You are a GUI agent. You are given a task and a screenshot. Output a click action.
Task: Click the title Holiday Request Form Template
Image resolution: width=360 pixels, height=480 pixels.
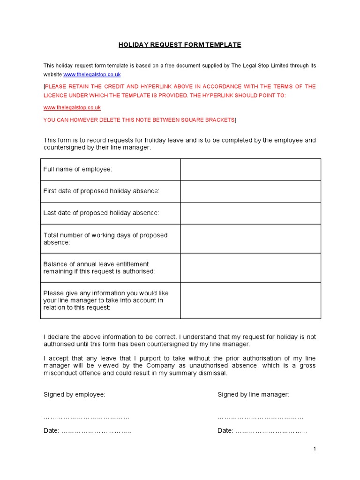point(180,45)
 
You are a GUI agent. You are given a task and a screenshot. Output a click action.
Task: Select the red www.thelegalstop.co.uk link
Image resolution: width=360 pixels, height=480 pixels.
point(72,108)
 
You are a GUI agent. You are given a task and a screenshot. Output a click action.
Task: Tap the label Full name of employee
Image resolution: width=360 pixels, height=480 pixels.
point(78,169)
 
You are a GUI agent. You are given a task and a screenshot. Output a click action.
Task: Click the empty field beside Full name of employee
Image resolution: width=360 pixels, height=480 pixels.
point(250,169)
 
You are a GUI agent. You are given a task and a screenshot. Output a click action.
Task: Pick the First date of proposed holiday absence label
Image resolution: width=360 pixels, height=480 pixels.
point(101,191)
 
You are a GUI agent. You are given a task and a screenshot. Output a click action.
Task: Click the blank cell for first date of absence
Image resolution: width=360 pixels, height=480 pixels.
point(250,191)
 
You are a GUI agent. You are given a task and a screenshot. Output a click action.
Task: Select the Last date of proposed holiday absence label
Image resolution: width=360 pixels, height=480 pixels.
point(101,213)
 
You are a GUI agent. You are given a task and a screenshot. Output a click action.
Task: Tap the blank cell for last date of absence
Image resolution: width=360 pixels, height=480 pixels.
point(250,213)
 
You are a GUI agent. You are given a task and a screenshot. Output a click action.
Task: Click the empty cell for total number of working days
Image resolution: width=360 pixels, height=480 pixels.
point(250,239)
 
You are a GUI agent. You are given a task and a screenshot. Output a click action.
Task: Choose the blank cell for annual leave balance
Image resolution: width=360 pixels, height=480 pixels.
point(250,268)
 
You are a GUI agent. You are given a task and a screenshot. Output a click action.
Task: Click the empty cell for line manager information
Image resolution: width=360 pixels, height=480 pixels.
point(250,300)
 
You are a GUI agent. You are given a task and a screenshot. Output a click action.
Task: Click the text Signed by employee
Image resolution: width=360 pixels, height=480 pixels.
point(74,395)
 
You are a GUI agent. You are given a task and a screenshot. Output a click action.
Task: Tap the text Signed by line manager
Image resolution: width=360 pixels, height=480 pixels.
point(253,395)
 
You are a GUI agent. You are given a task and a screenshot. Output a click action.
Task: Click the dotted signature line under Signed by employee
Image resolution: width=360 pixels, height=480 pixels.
point(87,417)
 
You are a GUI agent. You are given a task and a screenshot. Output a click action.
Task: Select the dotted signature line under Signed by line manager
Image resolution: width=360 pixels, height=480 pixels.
point(261,417)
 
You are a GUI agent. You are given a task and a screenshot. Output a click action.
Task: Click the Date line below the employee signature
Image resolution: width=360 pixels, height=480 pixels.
point(96,431)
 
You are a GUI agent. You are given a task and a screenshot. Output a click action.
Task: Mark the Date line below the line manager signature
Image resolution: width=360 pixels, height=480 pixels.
point(271,431)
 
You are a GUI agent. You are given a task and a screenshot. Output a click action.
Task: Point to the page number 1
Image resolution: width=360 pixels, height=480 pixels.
point(315,449)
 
